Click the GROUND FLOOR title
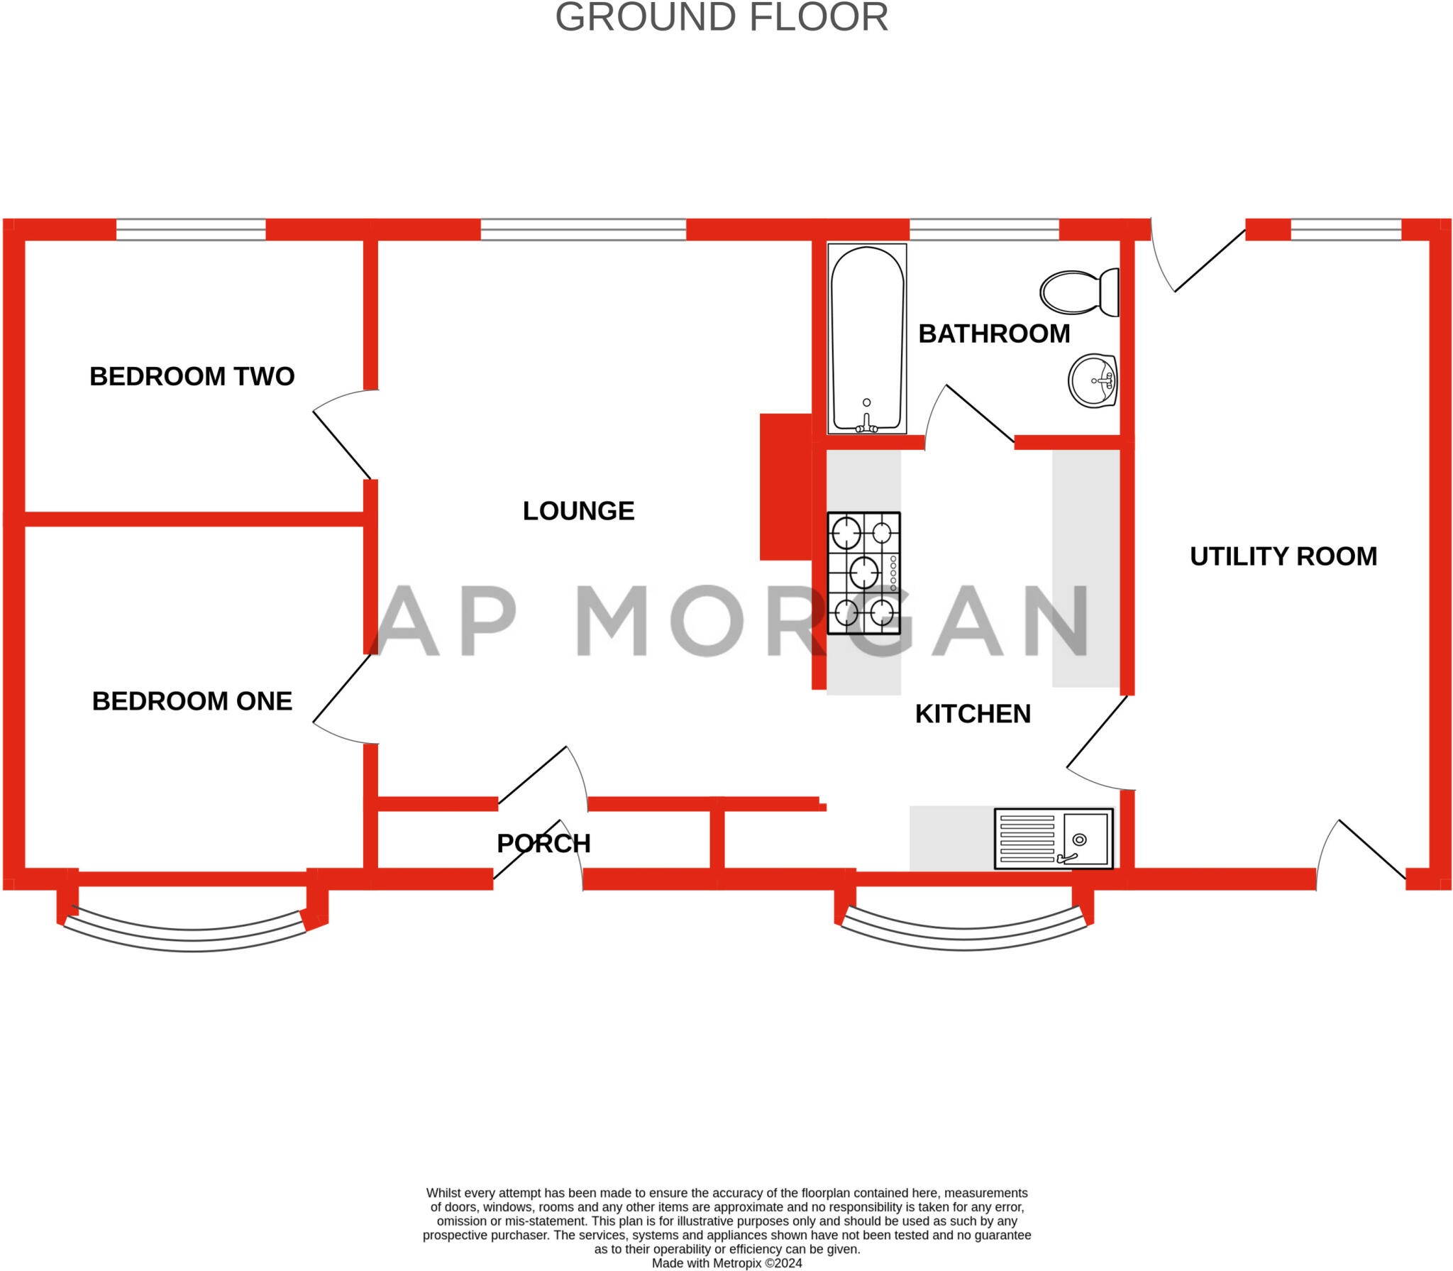pos(721,17)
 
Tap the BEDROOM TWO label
pos(192,376)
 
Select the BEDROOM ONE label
pos(192,701)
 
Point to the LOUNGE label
pos(578,511)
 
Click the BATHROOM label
pos(994,334)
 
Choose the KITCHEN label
pos(973,714)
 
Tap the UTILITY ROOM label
pos(1283,556)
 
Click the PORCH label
pos(543,844)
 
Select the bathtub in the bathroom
pos(867,339)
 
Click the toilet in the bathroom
pos(1079,292)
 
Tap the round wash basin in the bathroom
pos(1093,381)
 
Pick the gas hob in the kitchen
pos(863,573)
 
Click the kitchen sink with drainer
pos(1054,839)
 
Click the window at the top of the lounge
pos(583,230)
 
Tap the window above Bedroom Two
pos(191,230)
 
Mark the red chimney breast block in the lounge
pos(785,487)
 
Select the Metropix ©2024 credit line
pos(727,1263)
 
